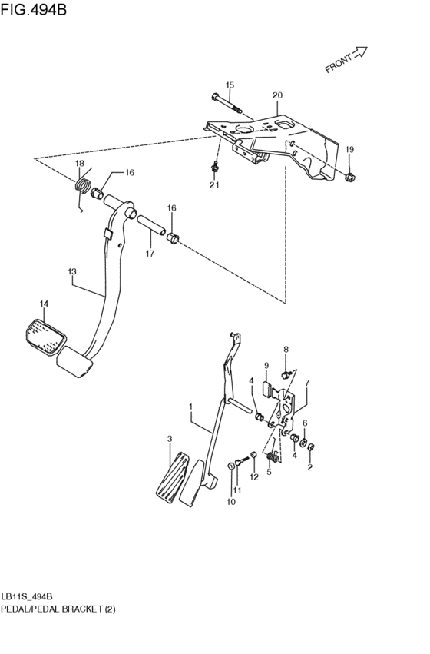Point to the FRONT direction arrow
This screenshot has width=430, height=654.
(x=346, y=59)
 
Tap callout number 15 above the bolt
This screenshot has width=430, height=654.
(x=230, y=85)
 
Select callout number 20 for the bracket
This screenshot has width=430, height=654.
(x=277, y=95)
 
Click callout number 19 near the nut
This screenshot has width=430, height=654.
(x=349, y=148)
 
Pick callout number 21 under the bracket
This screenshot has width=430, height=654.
(x=215, y=185)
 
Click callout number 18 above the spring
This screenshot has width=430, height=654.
(x=79, y=164)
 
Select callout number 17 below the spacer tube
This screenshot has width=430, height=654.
(x=150, y=254)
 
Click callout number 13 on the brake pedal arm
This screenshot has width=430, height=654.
(x=72, y=271)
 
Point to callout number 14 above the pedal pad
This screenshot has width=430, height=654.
(x=44, y=304)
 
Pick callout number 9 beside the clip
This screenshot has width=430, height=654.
(x=266, y=365)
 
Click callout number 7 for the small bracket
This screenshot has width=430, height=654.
(x=306, y=383)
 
